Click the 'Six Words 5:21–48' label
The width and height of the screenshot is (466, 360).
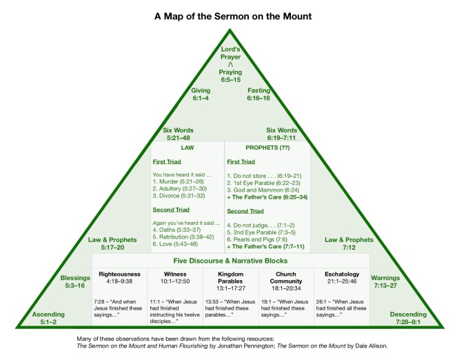(179, 134)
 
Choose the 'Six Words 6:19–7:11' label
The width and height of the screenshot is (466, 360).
(281, 134)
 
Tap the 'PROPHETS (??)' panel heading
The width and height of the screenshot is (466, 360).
(254, 147)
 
